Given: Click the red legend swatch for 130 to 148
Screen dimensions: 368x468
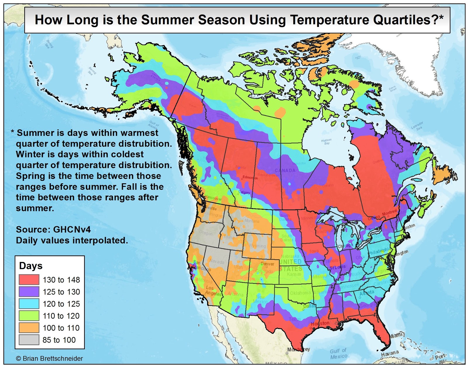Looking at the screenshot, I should click(x=29, y=280).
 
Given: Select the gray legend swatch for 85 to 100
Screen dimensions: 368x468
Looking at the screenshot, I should click(x=29, y=340).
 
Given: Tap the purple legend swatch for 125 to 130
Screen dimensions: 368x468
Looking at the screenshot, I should click(x=29, y=292).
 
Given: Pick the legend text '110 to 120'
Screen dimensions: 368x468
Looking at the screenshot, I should click(x=61, y=316).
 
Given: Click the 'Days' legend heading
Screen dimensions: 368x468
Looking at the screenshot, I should click(x=31, y=266).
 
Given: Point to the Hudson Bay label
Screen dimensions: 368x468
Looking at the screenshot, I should click(x=326, y=142).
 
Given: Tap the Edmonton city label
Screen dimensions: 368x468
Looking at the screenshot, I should click(x=250, y=178).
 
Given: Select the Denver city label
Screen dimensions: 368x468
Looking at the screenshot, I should click(x=267, y=264).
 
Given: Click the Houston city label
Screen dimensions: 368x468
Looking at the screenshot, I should click(x=320, y=324).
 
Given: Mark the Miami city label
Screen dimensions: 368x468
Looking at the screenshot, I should click(x=396, y=335).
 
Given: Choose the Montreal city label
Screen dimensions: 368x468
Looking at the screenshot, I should click(x=390, y=213).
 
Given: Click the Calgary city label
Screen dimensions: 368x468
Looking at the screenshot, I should click(x=244, y=192).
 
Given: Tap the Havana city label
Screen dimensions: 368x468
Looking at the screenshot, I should click(x=390, y=353).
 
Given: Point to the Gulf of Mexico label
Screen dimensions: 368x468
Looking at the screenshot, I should click(x=338, y=353).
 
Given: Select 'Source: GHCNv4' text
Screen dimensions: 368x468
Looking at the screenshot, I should click(x=53, y=229).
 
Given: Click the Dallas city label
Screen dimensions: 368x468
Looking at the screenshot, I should click(x=309, y=306).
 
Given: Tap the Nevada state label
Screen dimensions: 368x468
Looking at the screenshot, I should click(x=216, y=261).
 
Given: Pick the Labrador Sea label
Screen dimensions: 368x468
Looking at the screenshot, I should click(x=417, y=126).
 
